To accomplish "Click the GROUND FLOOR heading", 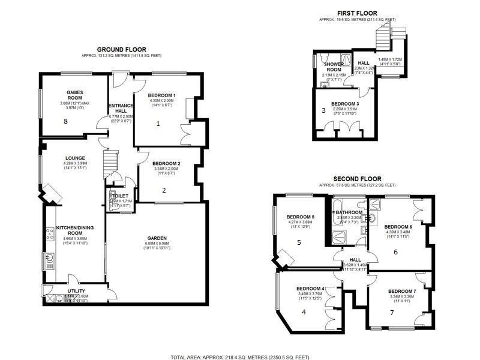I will [122, 50].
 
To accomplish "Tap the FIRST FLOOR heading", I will [356, 13].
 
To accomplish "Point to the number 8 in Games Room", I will [66, 121].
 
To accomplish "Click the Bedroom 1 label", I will [162, 95].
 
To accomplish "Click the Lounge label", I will [75, 158].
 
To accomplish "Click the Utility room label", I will [76, 290].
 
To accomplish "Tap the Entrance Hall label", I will [120, 109].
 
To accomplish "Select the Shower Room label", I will [334, 67].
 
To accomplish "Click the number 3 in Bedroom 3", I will [323, 110].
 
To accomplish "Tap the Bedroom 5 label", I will [301, 217].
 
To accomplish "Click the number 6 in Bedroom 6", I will [395, 252].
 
